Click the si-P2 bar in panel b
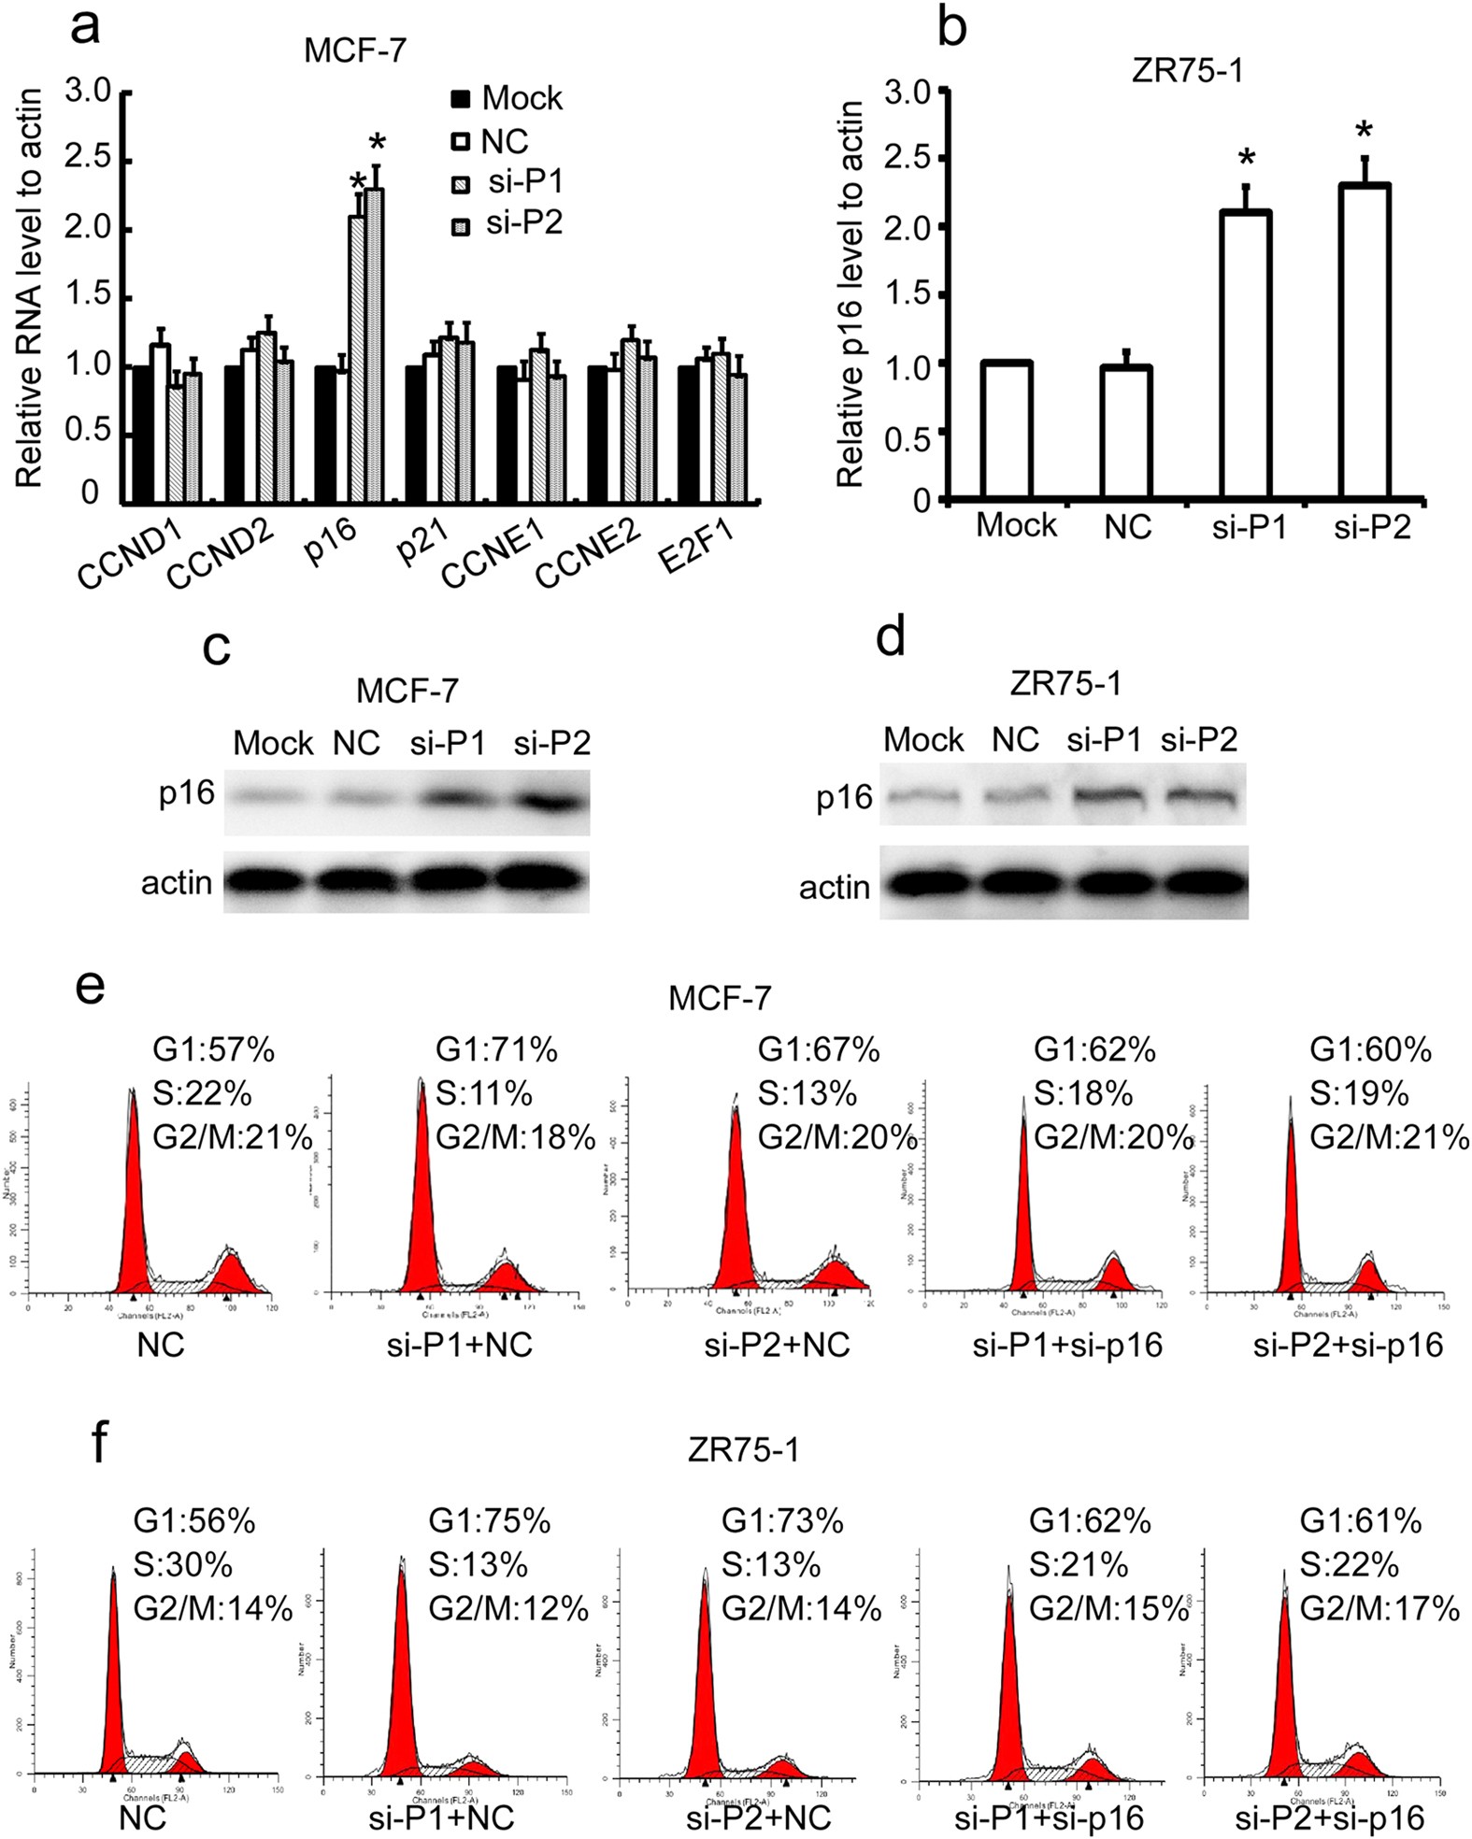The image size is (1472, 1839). click(1364, 341)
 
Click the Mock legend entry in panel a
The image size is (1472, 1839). click(506, 98)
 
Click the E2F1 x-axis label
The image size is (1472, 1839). click(696, 547)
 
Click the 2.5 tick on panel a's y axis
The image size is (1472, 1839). click(88, 159)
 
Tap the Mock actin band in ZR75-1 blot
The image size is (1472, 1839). click(923, 883)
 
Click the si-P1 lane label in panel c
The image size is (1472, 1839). click(448, 743)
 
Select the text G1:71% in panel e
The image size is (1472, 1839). click(496, 1050)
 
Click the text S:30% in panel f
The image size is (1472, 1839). click(182, 1564)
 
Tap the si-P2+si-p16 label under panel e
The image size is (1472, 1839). click(1348, 1345)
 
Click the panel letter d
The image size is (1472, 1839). click(890, 637)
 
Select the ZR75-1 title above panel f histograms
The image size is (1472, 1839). click(743, 1449)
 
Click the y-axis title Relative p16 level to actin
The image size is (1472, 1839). click(850, 294)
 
